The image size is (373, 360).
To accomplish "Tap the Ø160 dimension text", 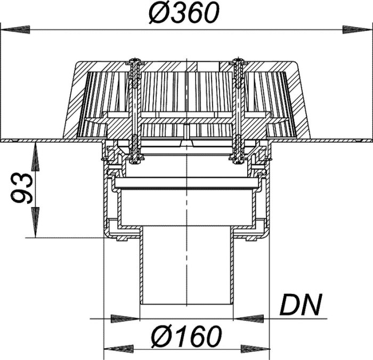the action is (186, 336).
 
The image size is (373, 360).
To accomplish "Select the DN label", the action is (301, 305).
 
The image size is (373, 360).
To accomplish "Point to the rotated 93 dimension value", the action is (22, 189).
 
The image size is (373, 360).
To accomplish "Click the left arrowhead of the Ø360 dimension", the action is (15, 30).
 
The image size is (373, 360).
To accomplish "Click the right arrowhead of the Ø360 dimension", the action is (357, 30).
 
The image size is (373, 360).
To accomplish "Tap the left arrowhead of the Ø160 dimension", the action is (118, 349).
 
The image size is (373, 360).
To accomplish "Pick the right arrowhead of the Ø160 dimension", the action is (255, 349).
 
